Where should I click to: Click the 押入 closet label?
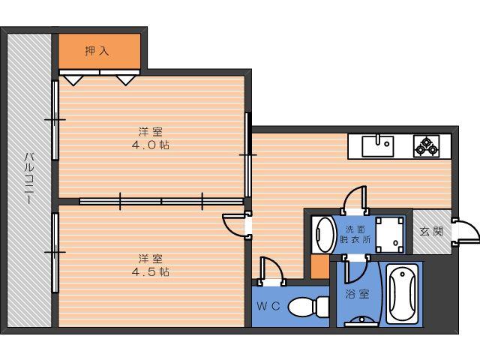click(97, 51)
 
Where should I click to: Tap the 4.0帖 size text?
click(151, 145)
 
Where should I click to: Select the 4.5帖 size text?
click(151, 271)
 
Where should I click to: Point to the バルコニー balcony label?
click(29, 178)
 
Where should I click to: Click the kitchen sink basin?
click(378, 146)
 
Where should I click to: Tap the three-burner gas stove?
click(426, 146)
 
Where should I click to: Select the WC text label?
click(268, 306)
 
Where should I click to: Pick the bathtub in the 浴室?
click(402, 294)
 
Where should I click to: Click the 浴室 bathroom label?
click(357, 294)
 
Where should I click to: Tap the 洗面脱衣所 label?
click(355, 235)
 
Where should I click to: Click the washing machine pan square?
click(390, 235)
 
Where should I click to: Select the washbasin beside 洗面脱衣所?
click(323, 235)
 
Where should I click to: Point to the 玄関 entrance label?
click(431, 231)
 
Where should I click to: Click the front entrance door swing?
click(466, 231)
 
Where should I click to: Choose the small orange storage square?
click(320, 266)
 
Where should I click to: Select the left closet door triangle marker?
click(73, 80)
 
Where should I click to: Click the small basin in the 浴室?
click(361, 322)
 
